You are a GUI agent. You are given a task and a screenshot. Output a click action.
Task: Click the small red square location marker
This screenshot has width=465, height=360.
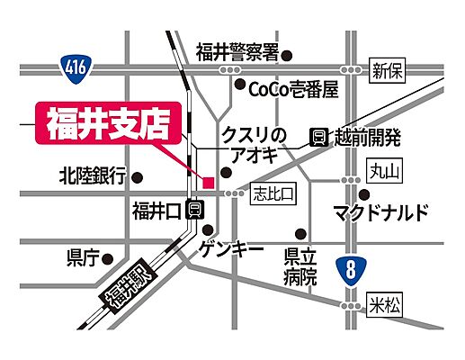click(208, 183)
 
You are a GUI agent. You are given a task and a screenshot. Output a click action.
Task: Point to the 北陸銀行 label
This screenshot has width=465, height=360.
click(92, 175)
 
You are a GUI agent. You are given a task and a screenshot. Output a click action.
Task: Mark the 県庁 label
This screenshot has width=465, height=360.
click(81, 258)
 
